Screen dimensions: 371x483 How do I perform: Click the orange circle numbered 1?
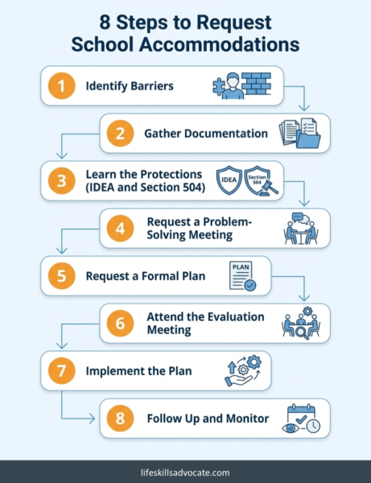(62, 85)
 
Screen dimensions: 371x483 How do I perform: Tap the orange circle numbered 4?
(120, 229)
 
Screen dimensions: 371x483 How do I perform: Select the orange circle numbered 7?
(62, 370)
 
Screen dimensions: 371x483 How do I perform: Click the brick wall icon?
(256, 84)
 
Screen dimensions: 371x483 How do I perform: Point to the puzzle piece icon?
(219, 87)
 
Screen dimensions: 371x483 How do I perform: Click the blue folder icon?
(309, 139)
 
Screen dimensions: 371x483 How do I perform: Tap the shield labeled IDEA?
(229, 180)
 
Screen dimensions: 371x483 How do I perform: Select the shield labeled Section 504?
(257, 180)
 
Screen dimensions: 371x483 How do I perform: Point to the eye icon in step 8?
(291, 428)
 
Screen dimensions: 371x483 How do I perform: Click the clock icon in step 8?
(313, 426)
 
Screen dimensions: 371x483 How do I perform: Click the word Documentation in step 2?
(226, 134)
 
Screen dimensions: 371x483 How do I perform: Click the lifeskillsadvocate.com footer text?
(185, 473)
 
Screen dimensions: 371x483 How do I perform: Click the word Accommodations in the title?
(219, 44)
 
